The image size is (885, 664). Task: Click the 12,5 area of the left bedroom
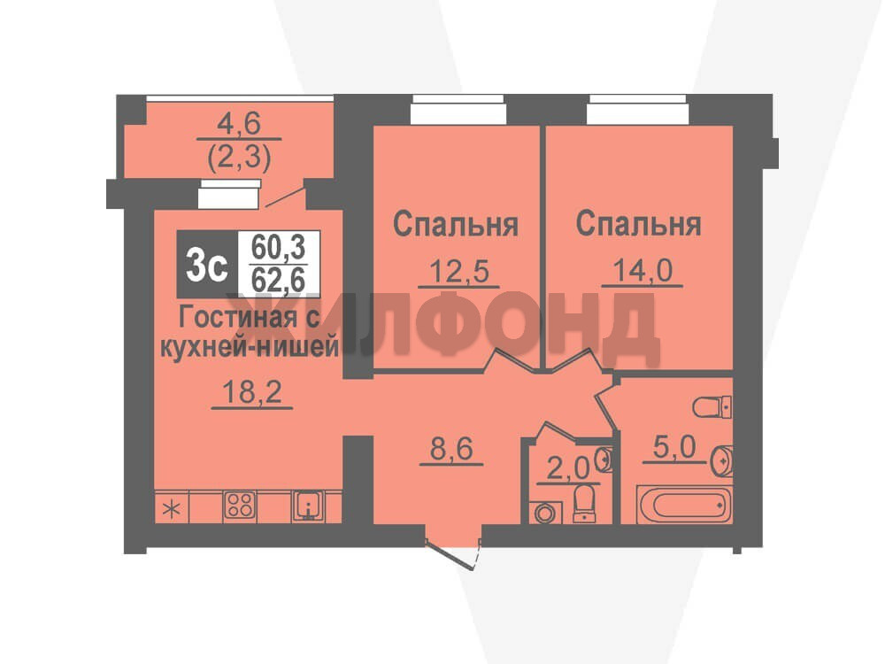coord(458,270)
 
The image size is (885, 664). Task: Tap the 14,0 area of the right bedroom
coord(642,270)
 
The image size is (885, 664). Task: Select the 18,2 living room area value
coord(251,390)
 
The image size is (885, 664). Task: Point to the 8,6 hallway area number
coord(451,450)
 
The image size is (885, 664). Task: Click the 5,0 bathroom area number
coord(673,448)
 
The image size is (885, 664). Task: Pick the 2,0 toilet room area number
coord(568,468)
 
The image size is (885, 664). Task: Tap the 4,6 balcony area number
coord(239,124)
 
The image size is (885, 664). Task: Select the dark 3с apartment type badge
coord(207,264)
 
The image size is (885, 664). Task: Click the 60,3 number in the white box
coord(278,247)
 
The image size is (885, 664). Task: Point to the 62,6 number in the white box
coord(278,280)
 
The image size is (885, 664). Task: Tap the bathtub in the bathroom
coord(682,503)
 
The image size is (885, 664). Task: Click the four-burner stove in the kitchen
coord(240,506)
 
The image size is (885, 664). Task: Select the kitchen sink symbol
coord(308,506)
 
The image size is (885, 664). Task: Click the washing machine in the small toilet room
coord(545,513)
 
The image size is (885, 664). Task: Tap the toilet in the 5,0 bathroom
coord(712,407)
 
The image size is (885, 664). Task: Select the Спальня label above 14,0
coord(638,224)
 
